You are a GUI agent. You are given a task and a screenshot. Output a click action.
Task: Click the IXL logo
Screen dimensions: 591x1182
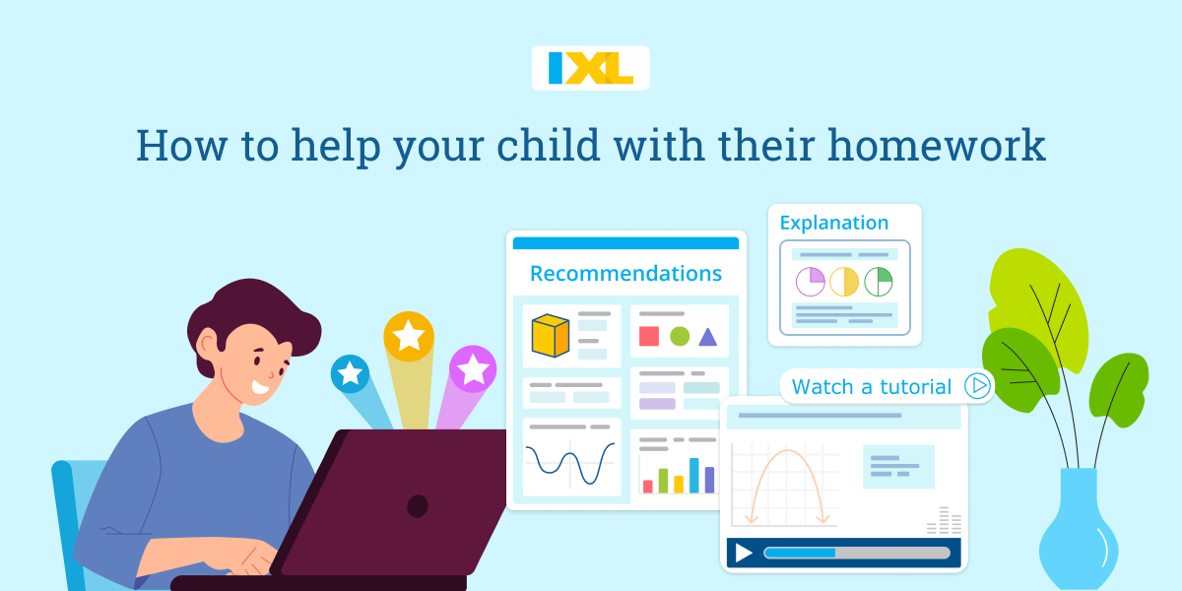pos(590,68)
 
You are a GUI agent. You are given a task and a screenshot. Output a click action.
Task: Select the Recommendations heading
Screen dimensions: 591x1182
pos(625,273)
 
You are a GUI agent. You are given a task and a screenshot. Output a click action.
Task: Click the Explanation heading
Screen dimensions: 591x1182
pos(833,223)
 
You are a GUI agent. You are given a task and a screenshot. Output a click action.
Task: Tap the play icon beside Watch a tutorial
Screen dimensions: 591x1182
pos(977,386)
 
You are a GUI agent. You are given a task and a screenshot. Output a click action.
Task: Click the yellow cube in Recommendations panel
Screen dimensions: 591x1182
pos(551,335)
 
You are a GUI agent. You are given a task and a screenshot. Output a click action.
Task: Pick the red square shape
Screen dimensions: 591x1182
pos(649,336)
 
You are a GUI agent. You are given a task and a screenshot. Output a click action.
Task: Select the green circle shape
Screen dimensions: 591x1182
pos(680,336)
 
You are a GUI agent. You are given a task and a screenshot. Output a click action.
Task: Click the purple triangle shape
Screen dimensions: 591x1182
pos(707,337)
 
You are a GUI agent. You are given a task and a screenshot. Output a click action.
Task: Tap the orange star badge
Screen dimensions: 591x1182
pos(409,336)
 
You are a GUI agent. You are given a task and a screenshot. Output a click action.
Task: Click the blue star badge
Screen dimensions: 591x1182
pos(350,373)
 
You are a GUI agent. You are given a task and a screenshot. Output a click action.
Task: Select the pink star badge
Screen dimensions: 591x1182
pos(473,369)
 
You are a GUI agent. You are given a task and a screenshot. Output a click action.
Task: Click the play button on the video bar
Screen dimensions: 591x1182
pos(744,553)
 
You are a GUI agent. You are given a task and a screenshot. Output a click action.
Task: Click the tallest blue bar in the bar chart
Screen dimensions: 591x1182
pos(693,475)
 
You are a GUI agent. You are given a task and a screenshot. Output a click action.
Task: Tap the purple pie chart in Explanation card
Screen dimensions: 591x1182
pos(811,282)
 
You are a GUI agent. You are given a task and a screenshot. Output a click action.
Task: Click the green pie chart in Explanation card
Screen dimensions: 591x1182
pos(879,282)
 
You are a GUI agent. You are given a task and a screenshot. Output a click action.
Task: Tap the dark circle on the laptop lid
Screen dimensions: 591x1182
pos(418,506)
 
